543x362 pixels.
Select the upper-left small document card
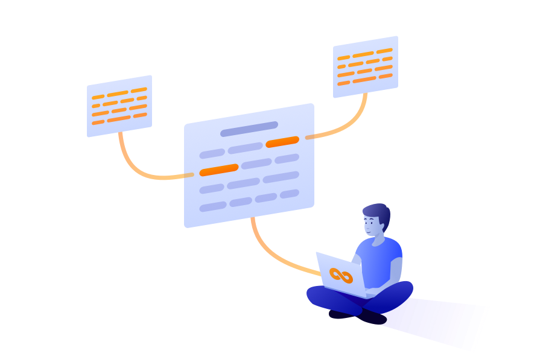point(119,106)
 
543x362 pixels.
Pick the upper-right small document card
point(366,66)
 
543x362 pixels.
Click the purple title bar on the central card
point(249,129)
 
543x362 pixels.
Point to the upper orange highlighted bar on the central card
point(282,142)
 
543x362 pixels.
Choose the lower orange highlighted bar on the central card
point(219,170)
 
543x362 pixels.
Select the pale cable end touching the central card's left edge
point(189,175)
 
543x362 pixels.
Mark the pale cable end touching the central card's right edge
point(310,137)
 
